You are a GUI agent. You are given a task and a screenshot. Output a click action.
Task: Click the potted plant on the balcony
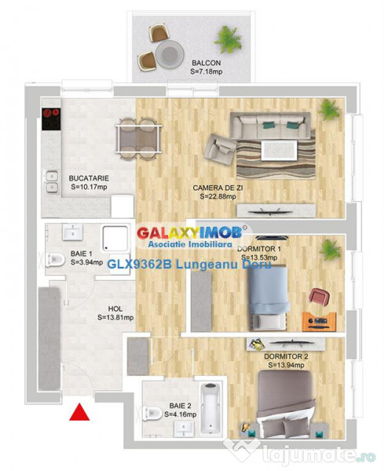coord(229,36)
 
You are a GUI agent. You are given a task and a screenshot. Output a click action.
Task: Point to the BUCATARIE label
coord(88,178)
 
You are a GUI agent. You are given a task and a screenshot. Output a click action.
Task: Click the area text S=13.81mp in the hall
coord(115,318)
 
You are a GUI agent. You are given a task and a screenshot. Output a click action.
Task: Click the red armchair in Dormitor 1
coord(317,298)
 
